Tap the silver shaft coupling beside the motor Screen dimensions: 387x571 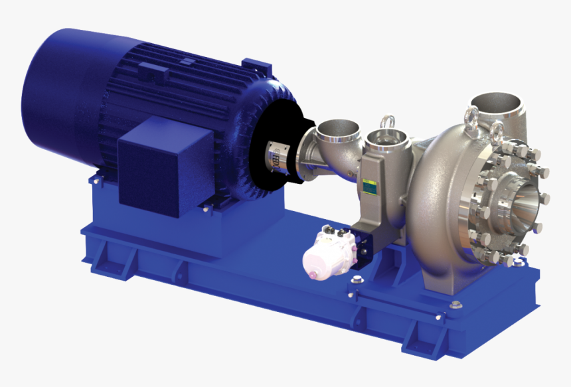click(279, 157)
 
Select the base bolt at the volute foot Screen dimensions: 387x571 click(455, 305)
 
